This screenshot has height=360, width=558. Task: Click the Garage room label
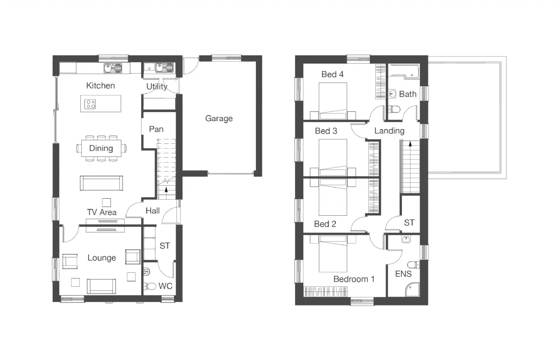tap(219, 119)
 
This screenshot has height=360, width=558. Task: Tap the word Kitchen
tap(100, 86)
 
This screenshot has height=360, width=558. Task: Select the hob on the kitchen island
tap(90, 104)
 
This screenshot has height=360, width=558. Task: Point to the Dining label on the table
tap(101, 148)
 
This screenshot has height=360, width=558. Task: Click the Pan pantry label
tap(156, 129)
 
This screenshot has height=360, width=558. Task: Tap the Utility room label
tap(157, 87)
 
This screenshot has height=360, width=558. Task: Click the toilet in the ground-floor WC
tap(150, 286)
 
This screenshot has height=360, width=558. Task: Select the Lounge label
tap(102, 258)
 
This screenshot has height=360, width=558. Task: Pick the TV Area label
tap(102, 212)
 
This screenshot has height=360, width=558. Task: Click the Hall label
tap(153, 211)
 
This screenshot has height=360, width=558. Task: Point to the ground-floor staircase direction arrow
tap(166, 190)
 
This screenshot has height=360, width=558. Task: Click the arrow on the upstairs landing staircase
tap(410, 144)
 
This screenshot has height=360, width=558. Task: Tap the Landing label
tap(389, 131)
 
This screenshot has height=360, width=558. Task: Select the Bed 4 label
tap(332, 74)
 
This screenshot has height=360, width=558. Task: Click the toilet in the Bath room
tap(394, 109)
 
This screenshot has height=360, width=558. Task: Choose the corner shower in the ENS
tap(412, 289)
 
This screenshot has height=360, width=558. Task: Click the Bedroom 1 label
tap(354, 279)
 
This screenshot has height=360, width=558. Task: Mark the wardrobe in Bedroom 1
tap(326, 292)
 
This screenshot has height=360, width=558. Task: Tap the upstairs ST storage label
tap(409, 223)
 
